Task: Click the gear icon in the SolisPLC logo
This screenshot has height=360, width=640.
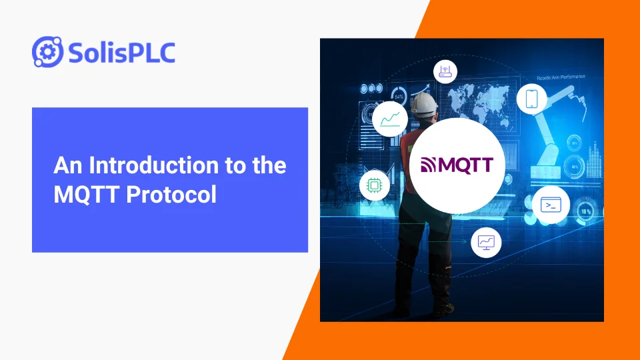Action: (x=47, y=52)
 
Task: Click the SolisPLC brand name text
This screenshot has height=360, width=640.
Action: (x=121, y=52)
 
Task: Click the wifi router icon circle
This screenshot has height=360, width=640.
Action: (x=445, y=71)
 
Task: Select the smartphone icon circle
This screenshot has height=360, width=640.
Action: (x=531, y=99)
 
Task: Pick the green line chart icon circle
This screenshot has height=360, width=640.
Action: (x=390, y=119)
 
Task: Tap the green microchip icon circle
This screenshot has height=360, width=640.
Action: (x=374, y=186)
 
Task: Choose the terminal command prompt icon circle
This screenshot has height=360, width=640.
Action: (x=551, y=205)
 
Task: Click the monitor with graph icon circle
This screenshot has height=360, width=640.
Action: (x=485, y=242)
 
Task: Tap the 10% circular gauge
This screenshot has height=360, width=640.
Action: (x=585, y=211)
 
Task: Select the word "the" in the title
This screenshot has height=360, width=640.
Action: (x=269, y=165)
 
